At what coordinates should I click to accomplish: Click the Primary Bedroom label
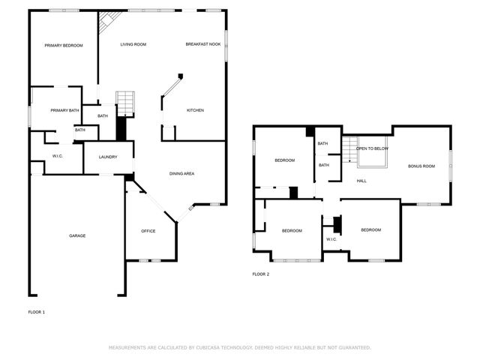click(63, 46)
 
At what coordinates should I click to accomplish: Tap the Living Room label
click(133, 45)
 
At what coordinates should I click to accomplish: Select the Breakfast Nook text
click(203, 45)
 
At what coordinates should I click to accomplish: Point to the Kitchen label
click(195, 110)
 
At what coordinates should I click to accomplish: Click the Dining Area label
click(182, 173)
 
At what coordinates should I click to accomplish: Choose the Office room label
click(148, 231)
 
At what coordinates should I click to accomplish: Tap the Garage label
click(77, 235)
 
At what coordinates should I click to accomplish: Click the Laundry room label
click(107, 157)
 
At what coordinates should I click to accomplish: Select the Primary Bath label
click(64, 110)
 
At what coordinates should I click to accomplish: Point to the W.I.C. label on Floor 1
click(57, 156)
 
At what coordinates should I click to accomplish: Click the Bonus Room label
click(421, 166)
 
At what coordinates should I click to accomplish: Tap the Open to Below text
click(372, 148)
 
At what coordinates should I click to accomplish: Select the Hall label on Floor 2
click(361, 181)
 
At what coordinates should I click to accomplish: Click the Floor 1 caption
click(37, 311)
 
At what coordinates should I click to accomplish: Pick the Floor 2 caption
click(260, 274)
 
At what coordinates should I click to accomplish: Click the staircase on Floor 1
click(125, 103)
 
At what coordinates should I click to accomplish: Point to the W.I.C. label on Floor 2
click(331, 239)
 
